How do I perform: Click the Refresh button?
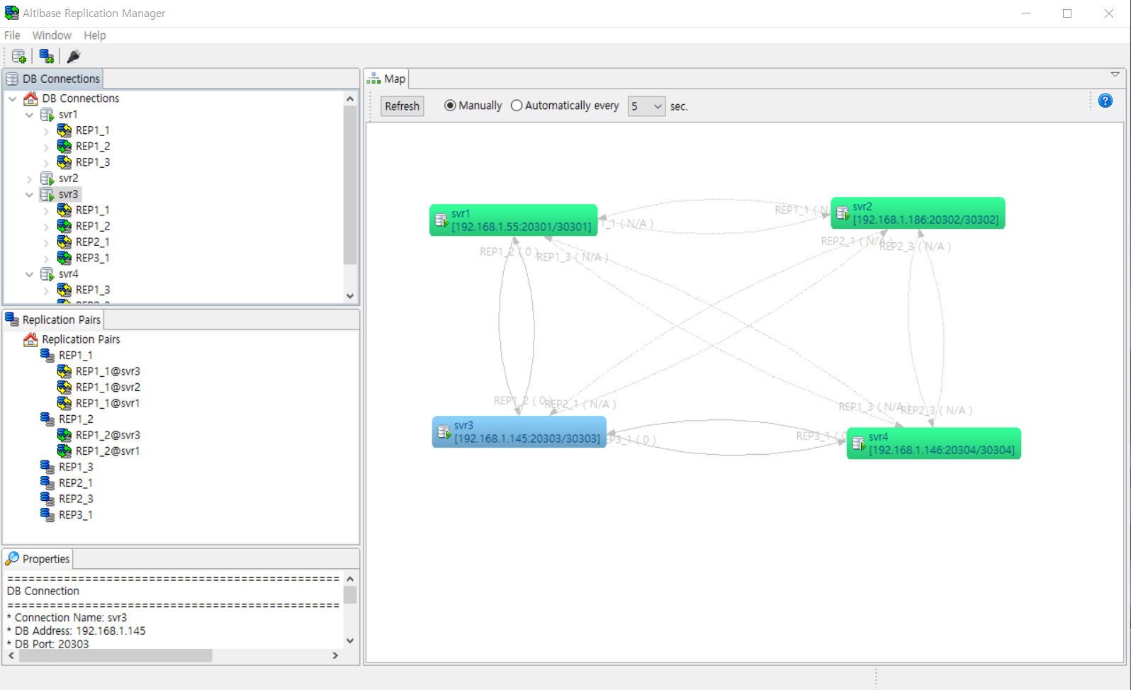[x=402, y=106]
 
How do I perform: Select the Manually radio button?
[x=450, y=106]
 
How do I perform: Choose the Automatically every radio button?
[x=517, y=106]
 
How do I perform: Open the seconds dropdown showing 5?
[x=646, y=106]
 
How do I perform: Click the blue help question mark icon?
[x=1105, y=101]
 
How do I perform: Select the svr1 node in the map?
[x=513, y=220]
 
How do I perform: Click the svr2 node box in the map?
[x=917, y=213]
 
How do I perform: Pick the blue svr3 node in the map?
[x=519, y=432]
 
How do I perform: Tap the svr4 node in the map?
[x=933, y=443]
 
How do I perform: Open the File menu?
[x=12, y=35]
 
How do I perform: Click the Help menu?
[x=94, y=35]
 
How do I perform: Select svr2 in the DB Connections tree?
[x=68, y=178]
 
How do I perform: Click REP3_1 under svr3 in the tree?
[x=92, y=258]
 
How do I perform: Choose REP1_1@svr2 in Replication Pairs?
[x=108, y=387]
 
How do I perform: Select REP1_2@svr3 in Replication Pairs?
[x=108, y=435]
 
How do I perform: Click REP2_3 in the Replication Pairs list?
[x=76, y=499]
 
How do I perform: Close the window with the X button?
[x=1108, y=13]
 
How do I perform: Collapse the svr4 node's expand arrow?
[x=29, y=274]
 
